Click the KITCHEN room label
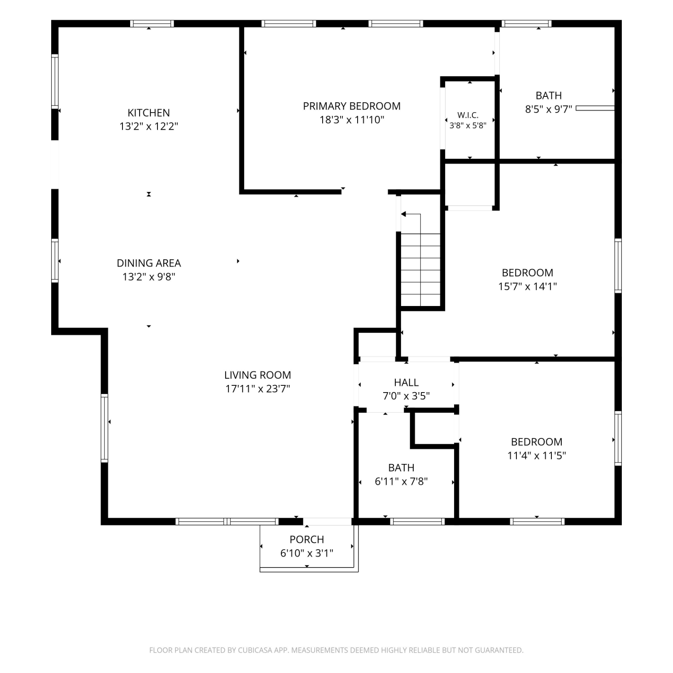point(149,113)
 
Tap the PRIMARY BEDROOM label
point(352,106)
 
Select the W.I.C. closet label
point(468,115)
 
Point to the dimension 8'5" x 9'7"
point(549,109)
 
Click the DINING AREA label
point(149,263)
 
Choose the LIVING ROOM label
point(258,375)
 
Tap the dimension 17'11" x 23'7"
point(258,389)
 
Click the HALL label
point(406,382)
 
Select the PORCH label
point(307,539)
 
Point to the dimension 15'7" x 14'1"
point(528,286)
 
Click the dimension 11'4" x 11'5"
point(537,455)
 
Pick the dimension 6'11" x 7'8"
point(401,481)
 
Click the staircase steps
point(420,270)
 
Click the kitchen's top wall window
point(152,24)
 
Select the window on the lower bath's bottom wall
point(417,521)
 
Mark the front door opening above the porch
point(328,521)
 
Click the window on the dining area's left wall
point(55,261)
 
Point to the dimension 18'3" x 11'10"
point(352,120)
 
